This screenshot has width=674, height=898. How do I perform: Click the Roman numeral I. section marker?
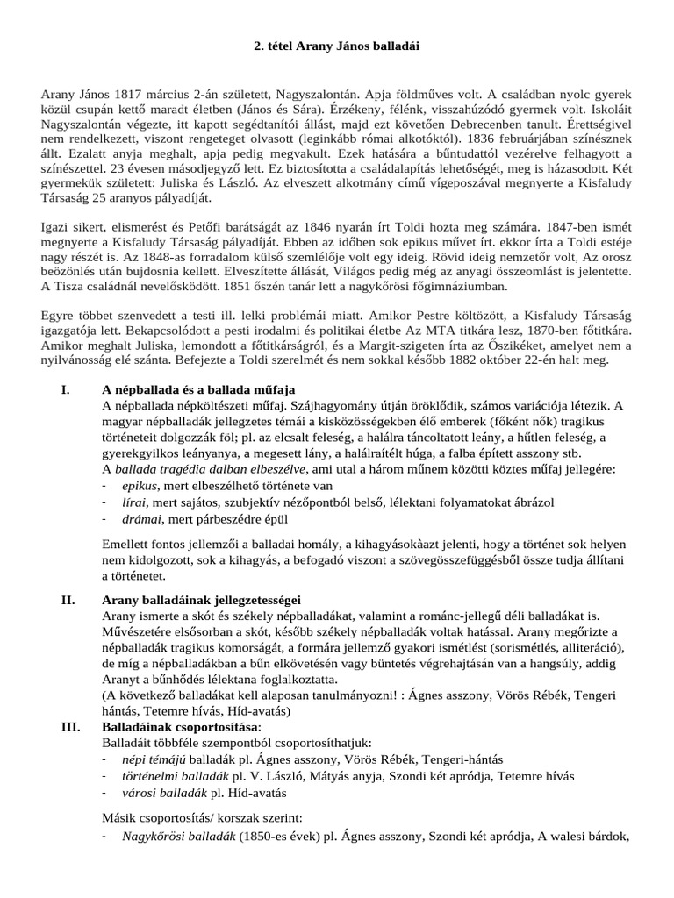click(66, 389)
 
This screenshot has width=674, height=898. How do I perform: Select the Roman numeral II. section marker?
click(68, 600)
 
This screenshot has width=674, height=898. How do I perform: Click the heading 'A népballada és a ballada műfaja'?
click(199, 389)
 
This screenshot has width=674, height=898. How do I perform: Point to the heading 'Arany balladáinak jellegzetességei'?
click(201, 600)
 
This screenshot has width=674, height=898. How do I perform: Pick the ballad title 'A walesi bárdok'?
click(583, 837)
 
